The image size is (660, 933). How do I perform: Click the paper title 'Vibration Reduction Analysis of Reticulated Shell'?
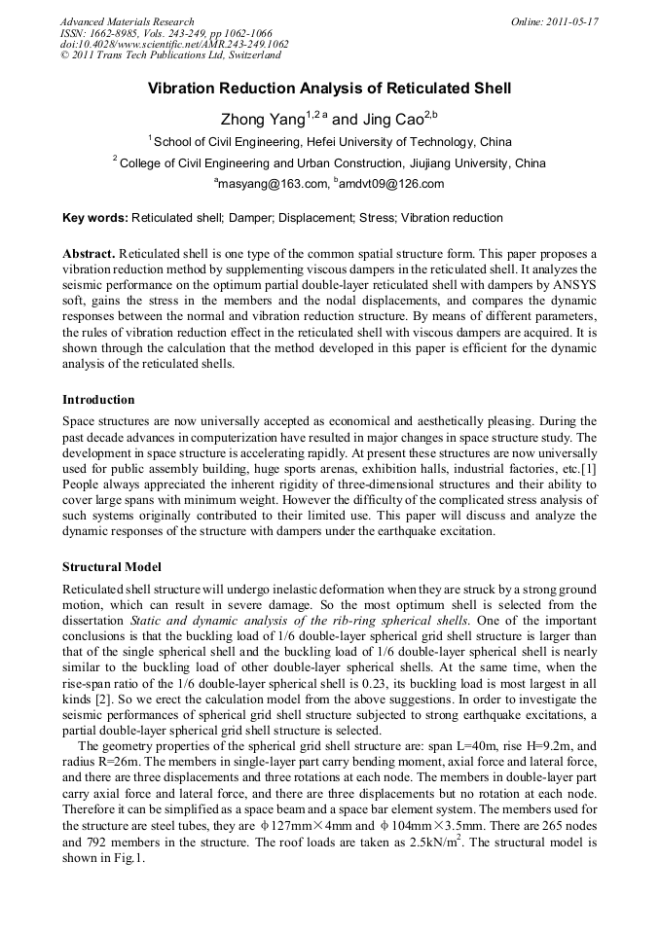point(329,90)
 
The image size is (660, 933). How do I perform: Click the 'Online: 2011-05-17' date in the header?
point(555,21)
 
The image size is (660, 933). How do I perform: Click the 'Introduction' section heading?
point(98,400)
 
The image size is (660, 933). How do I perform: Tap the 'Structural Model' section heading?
point(112,566)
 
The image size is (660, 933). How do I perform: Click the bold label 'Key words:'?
point(94,218)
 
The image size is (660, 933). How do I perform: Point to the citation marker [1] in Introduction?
point(589,470)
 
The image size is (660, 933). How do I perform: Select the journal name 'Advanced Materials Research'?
point(128,21)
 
